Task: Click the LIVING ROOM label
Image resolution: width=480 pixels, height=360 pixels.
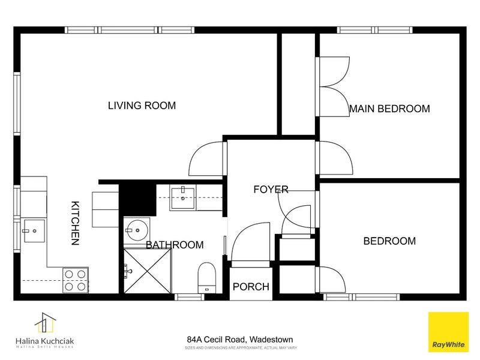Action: click(142, 106)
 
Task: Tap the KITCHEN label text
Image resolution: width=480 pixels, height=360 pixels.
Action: click(76, 223)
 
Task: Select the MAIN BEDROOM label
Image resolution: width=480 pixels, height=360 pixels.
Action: click(389, 109)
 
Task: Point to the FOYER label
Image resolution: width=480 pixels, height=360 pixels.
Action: click(271, 190)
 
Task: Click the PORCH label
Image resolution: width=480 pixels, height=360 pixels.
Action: click(251, 287)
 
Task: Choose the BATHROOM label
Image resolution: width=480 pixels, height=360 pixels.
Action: click(175, 245)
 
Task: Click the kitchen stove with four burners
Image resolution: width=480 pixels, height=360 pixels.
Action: click(76, 280)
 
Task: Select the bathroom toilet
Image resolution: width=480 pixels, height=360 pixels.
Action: click(206, 278)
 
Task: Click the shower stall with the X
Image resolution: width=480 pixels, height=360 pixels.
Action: click(148, 271)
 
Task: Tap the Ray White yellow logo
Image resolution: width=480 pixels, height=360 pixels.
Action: click(447, 331)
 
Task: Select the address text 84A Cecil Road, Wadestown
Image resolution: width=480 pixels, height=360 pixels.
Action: click(239, 339)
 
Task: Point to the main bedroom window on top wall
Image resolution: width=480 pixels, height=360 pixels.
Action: click(374, 29)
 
